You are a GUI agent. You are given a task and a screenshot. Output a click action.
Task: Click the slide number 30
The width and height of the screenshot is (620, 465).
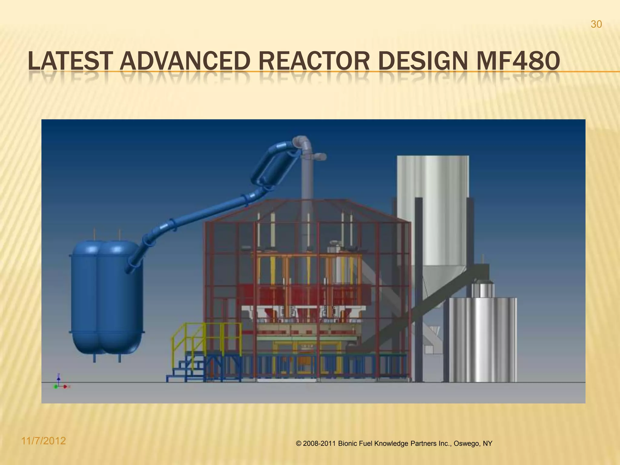pyautogui.click(x=596, y=25)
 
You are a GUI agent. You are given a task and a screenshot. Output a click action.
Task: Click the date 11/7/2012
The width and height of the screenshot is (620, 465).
pyautogui.click(x=44, y=441)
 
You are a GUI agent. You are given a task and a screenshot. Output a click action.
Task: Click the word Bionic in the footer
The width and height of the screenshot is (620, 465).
pyautogui.click(x=347, y=444)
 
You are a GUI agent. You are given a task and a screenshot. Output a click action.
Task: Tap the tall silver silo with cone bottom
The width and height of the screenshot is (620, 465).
pyautogui.click(x=433, y=218)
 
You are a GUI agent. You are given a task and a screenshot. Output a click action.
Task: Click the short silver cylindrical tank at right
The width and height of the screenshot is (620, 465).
pyautogui.click(x=483, y=339)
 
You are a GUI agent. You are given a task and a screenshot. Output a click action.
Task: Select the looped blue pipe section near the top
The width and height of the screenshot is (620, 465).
pyautogui.click(x=272, y=167)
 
